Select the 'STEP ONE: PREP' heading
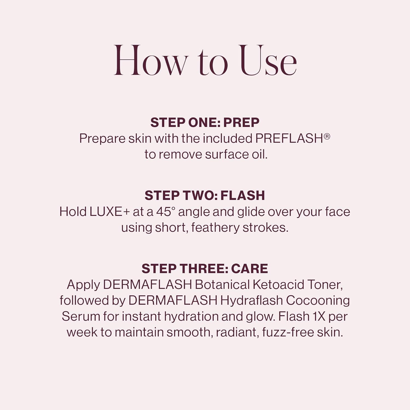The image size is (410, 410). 205,122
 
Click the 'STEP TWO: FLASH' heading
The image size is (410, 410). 205,196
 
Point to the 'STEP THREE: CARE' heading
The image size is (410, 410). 205,269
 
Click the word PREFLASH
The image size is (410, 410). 289,139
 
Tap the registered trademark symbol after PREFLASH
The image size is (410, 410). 327,136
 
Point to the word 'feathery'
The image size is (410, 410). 215,228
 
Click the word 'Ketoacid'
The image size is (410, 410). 278,285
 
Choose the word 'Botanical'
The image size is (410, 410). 222,285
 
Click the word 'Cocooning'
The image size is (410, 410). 318,301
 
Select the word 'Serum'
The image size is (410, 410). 81,317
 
